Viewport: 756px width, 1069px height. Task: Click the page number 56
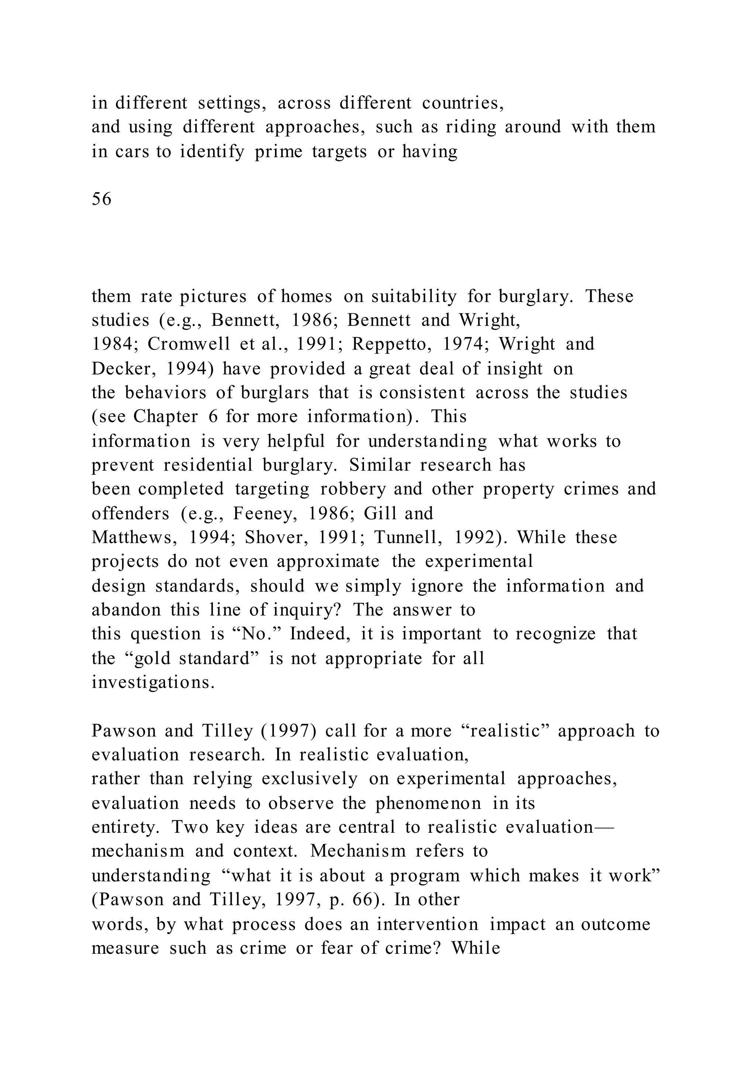(x=102, y=199)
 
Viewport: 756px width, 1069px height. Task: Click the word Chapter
(x=166, y=417)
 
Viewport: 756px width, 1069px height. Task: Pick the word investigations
(x=153, y=683)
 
